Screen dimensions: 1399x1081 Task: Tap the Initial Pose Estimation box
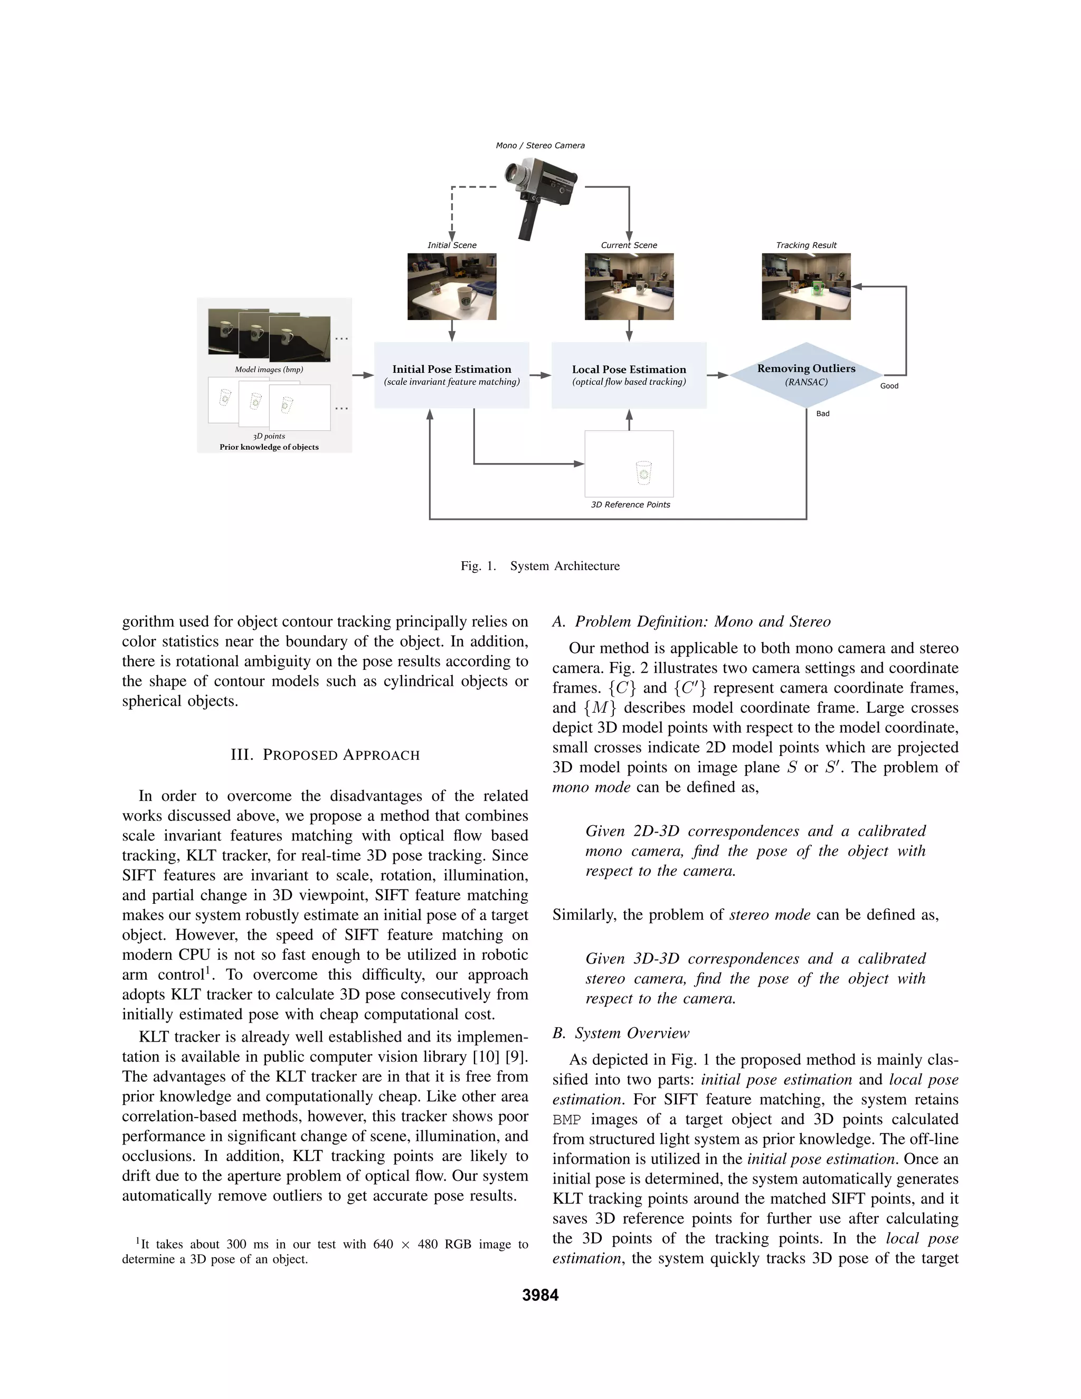(x=451, y=375)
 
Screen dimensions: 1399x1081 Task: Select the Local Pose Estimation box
(x=629, y=375)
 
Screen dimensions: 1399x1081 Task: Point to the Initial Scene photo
(x=451, y=286)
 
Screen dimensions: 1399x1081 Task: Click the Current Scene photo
(x=629, y=286)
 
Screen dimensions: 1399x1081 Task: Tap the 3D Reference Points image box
(x=629, y=463)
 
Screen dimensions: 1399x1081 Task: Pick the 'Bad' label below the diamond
(x=822, y=414)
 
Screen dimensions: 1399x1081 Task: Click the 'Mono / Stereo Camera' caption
(x=540, y=145)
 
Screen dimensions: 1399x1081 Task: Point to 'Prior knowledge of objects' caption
(x=269, y=447)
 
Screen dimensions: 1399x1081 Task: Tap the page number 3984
(x=540, y=1295)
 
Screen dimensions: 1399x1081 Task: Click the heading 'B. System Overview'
(x=621, y=1033)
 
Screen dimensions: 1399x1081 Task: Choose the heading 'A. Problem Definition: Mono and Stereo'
(x=691, y=622)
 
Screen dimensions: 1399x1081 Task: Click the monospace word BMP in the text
(x=567, y=1120)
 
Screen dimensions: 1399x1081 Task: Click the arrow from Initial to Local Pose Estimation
(x=540, y=375)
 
